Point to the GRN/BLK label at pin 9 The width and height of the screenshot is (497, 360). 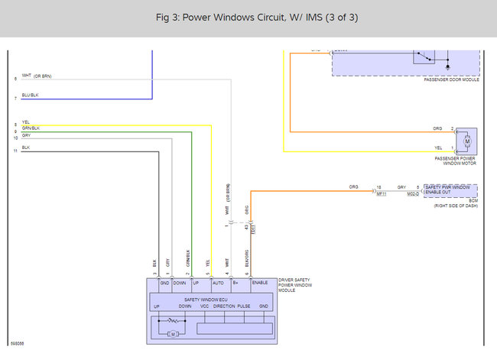[x=31, y=128]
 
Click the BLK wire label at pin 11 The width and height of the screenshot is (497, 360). [x=26, y=147]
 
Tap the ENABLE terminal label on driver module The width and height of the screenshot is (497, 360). [x=260, y=283]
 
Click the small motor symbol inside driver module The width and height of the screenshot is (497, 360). [x=173, y=334]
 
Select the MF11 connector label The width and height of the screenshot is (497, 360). [x=381, y=194]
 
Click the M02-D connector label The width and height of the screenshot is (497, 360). [x=412, y=194]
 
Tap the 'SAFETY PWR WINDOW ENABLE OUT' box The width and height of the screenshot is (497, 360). [x=450, y=190]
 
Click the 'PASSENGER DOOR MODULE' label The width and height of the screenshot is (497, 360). [x=451, y=79]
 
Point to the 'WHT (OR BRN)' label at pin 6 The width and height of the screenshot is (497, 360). [x=37, y=76]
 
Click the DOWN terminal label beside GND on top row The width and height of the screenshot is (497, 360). [x=179, y=283]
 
